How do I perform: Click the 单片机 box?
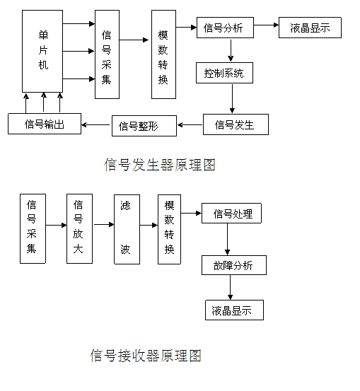42,51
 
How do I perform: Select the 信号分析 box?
225,28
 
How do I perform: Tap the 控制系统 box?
224,73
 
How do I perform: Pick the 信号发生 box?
236,124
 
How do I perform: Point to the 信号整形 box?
144,126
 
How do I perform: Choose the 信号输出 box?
45,124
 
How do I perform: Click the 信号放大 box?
80,228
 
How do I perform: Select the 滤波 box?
127,229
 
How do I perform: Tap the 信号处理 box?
231,214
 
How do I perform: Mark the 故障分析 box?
234,265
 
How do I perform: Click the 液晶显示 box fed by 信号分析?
310,28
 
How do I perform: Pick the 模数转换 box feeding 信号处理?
170,229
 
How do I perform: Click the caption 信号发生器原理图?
160,165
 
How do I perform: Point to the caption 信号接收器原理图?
146,356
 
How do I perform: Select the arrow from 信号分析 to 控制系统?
231,50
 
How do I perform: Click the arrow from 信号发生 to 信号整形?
190,124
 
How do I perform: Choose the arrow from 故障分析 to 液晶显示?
230,287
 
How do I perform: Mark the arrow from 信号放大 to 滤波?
103,225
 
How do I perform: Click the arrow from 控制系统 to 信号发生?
232,98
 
